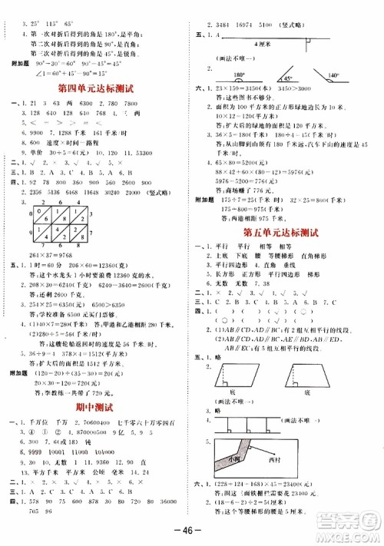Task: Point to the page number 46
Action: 192,531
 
